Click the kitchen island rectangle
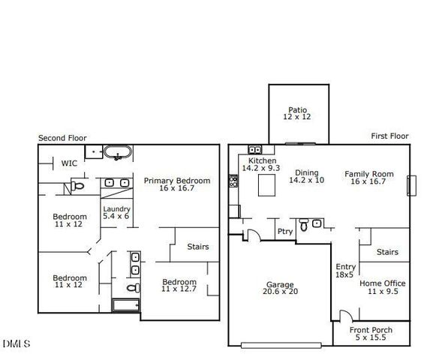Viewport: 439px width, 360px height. coord(266,187)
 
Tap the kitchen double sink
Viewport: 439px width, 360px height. coord(254,150)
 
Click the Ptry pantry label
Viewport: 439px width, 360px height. coord(284,232)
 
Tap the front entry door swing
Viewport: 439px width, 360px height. coord(343,316)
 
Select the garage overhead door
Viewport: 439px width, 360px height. coord(281,345)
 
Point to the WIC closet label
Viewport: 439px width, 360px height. coord(69,163)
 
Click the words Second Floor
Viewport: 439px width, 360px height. coord(62,138)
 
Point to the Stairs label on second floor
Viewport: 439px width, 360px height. coord(197,247)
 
